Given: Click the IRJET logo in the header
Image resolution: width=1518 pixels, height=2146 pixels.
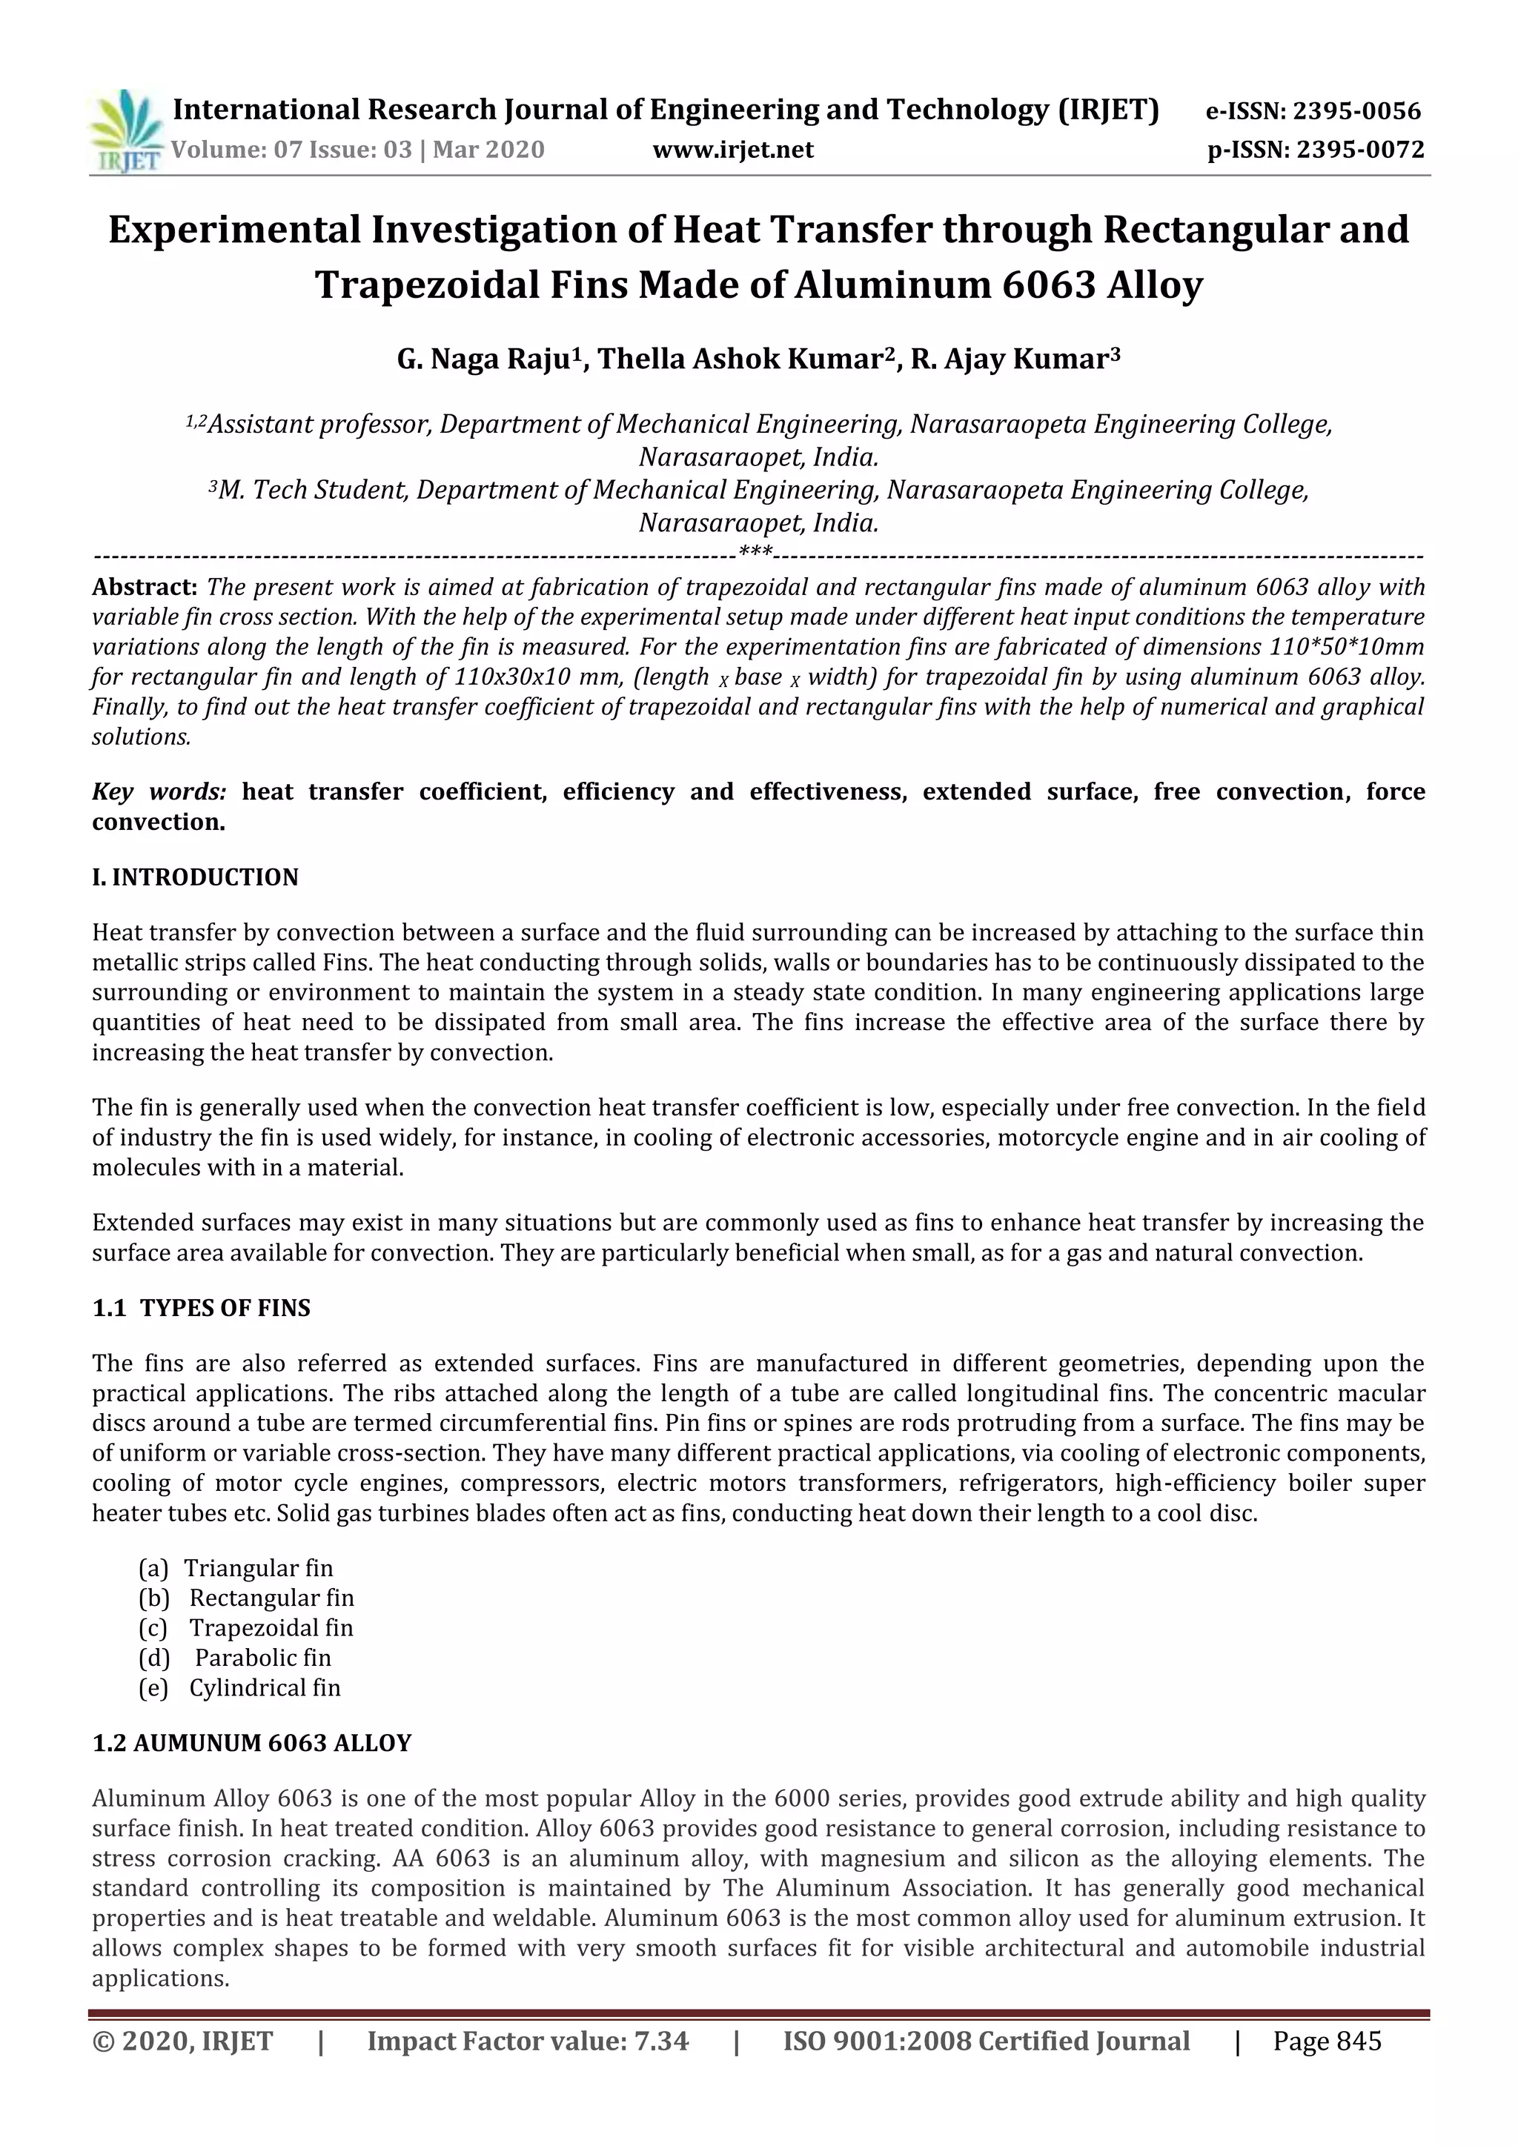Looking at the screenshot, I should tap(126, 132).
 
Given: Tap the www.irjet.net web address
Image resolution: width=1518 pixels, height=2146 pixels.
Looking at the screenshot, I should tap(733, 150).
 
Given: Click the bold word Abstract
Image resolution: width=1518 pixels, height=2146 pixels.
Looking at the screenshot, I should tap(144, 587).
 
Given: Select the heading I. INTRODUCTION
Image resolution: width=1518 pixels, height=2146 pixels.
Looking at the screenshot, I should tap(196, 877).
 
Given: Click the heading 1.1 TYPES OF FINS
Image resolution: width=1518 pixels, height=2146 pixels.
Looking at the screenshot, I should tap(202, 1308).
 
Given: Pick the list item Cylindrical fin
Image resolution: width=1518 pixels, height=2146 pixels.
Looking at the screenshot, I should tap(265, 1687).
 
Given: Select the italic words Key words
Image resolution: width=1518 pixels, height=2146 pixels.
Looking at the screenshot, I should tap(159, 791).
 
